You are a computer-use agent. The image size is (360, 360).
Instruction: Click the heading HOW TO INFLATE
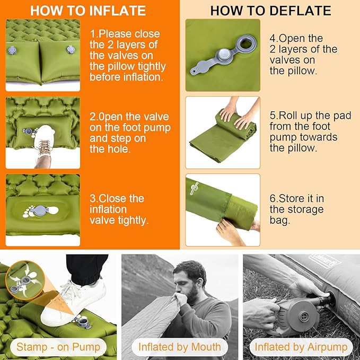pos(87,11)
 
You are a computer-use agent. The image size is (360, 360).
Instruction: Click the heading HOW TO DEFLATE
pos(270,11)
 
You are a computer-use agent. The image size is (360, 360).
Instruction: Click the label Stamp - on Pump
pos(58,347)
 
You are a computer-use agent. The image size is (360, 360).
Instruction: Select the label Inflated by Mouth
pos(180,347)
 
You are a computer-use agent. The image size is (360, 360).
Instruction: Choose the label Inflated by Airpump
pos(301,347)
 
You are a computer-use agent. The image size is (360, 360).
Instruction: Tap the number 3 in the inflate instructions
pos(93,198)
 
